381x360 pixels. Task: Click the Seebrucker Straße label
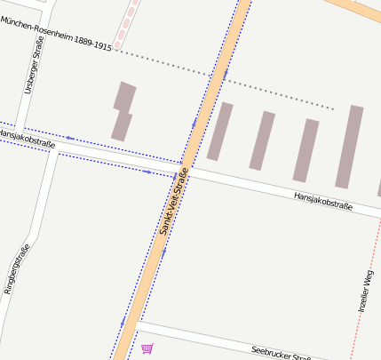[281, 353]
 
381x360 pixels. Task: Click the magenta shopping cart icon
[147, 349]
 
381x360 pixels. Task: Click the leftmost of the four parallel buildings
[219, 132]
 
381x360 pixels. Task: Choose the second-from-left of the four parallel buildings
[262, 140]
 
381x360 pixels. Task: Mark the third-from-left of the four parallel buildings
[306, 150]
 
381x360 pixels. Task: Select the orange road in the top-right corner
[360, 7]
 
